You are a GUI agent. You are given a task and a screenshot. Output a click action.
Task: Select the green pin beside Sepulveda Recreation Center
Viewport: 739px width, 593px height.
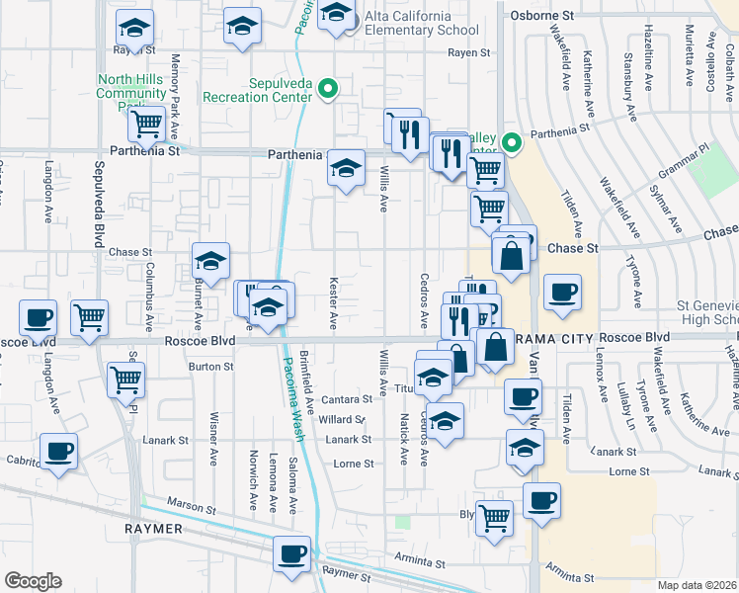click(331, 90)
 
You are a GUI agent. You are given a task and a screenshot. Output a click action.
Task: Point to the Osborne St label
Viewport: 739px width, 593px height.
click(542, 16)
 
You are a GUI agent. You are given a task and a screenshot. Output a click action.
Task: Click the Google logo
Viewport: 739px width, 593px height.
click(33, 580)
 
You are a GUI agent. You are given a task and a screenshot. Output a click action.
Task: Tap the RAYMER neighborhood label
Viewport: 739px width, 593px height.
click(153, 529)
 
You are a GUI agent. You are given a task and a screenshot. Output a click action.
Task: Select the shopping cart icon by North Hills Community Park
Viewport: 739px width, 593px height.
click(146, 125)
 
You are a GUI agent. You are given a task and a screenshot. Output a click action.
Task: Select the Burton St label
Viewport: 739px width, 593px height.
click(209, 366)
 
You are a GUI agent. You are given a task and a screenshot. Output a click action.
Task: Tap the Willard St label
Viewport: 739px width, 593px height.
click(342, 419)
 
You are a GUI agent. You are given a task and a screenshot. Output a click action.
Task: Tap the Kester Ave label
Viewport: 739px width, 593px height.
click(333, 303)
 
